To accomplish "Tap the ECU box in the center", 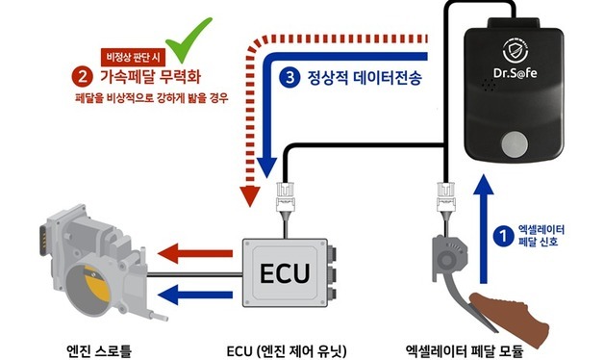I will coord(286,271).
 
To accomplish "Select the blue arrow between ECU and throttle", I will coord(188,293).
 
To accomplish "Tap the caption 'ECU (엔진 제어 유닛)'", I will coord(285,347).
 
